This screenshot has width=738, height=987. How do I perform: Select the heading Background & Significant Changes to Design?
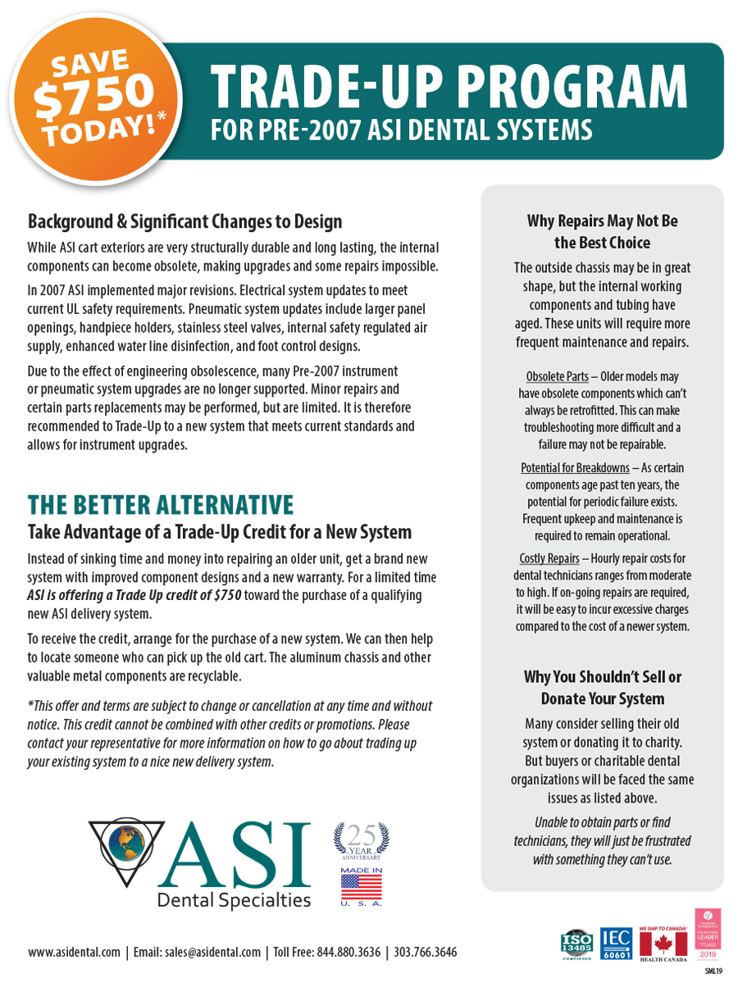pyautogui.click(x=184, y=221)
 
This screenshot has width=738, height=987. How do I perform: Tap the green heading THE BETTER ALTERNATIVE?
pyautogui.click(x=160, y=503)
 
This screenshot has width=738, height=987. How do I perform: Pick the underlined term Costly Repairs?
pyautogui.click(x=549, y=559)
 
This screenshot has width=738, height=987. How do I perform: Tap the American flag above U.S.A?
pyautogui.click(x=361, y=886)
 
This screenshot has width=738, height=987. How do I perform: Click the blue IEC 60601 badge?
pyautogui.click(x=616, y=943)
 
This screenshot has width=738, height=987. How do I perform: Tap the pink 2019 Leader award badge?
pyautogui.click(x=706, y=935)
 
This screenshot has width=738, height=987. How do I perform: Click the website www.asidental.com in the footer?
pyautogui.click(x=74, y=952)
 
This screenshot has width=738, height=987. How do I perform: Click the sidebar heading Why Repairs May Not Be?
pyautogui.click(x=602, y=221)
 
